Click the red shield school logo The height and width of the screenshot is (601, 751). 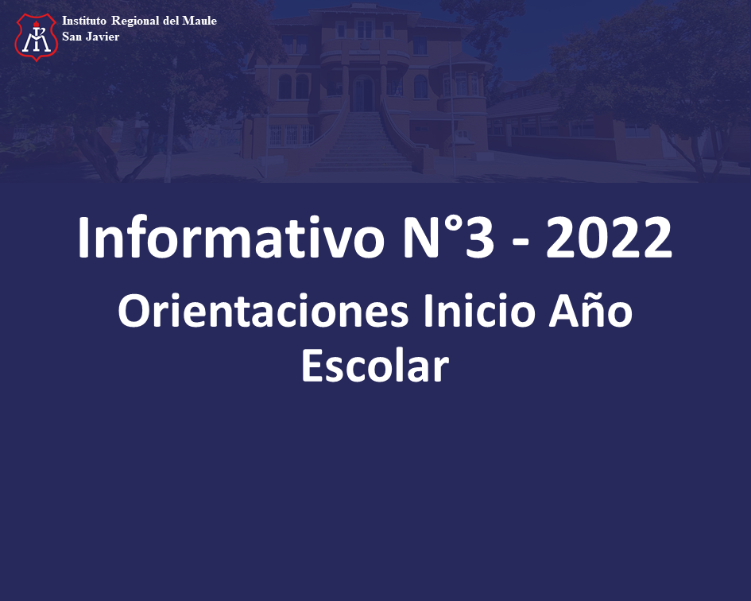coord(37,37)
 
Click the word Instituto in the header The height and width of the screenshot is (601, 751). coord(83,21)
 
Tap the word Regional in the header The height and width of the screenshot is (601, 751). coord(135,21)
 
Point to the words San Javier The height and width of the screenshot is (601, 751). coord(91,37)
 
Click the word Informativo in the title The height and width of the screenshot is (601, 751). coord(230,238)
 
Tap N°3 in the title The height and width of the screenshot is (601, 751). coord(448,238)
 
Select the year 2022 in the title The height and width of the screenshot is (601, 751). coord(609,238)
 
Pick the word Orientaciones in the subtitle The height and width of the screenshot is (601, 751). coord(263,311)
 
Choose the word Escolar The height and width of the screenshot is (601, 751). coord(375,365)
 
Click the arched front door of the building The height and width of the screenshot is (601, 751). coord(363,93)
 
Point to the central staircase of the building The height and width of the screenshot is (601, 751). coord(363,142)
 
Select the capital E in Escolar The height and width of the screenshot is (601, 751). coord(312,365)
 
